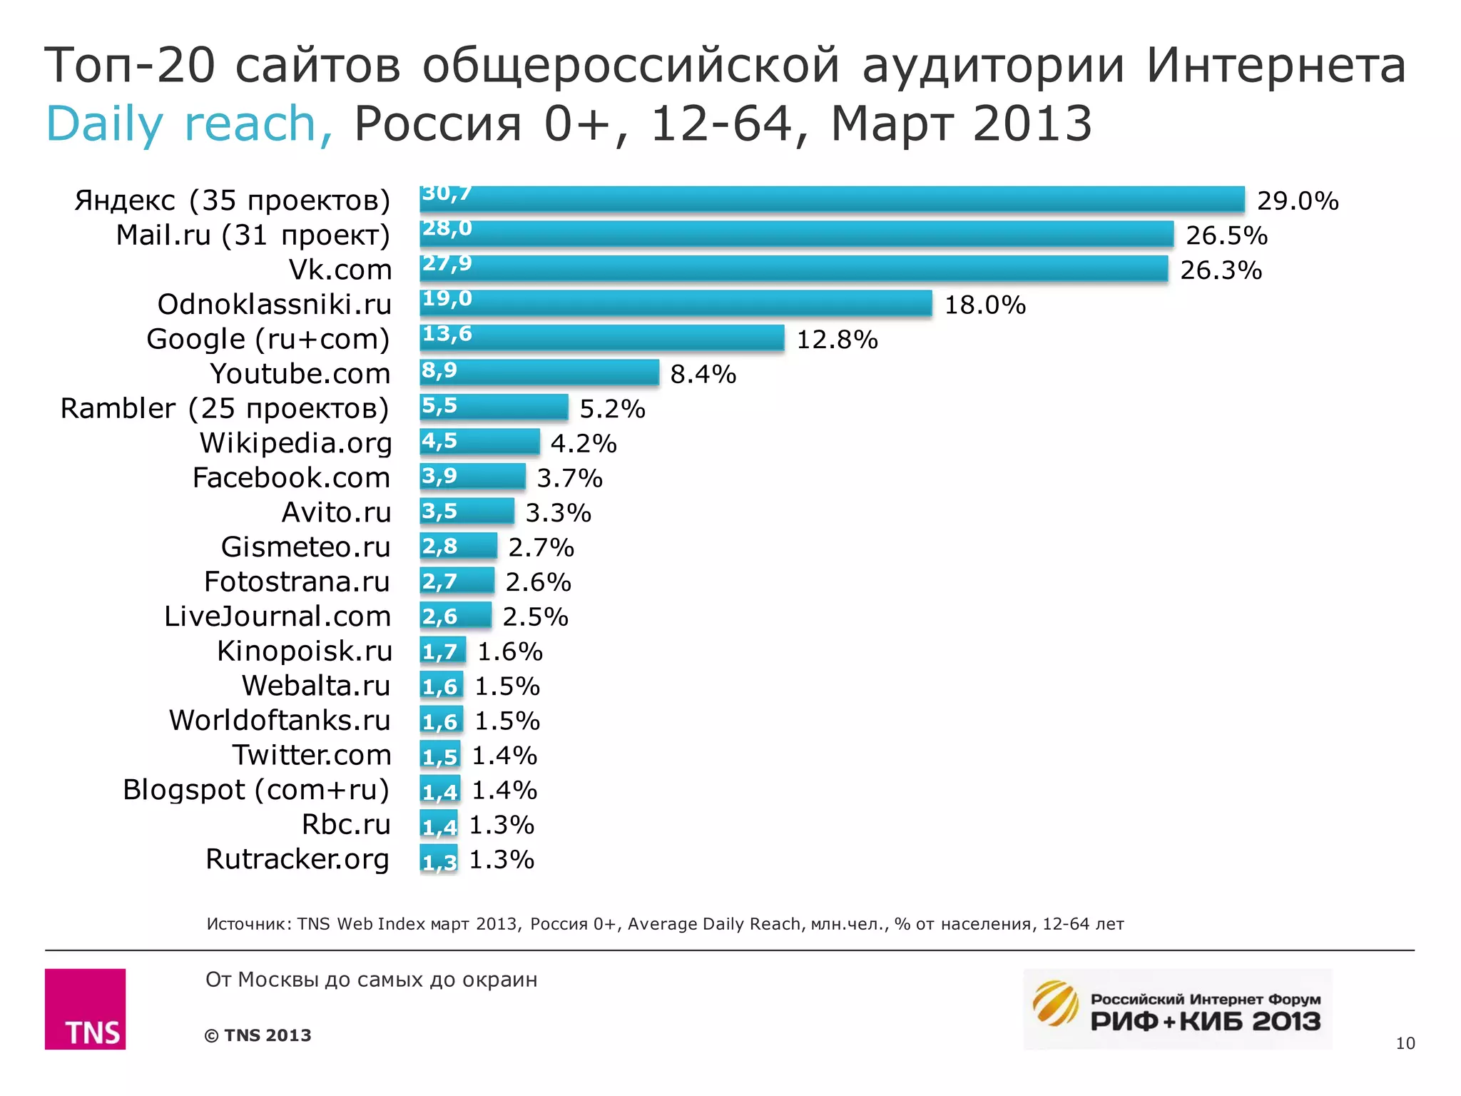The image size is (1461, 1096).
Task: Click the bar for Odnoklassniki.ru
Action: [x=676, y=303]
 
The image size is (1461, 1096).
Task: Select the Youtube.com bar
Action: [x=539, y=372]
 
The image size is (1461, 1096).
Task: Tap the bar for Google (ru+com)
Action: [x=601, y=338]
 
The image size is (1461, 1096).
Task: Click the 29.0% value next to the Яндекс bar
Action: [x=1297, y=201]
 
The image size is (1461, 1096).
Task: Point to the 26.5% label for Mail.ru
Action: [x=1226, y=235]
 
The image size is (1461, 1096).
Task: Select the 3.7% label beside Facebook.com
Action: [x=569, y=478]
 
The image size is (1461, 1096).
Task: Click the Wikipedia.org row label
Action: [x=295, y=443]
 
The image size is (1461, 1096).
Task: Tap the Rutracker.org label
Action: [x=297, y=859]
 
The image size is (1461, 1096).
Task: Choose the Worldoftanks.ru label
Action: [x=280, y=721]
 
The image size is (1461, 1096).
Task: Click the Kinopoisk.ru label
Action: [x=305, y=651]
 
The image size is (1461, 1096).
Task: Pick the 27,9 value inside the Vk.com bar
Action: [x=447, y=263]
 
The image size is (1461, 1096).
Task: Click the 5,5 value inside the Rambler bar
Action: [x=439, y=405]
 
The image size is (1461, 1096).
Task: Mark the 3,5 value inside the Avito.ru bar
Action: [x=439, y=511]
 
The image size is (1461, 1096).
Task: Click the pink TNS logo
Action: [x=86, y=1008]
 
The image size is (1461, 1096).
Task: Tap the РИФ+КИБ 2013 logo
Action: [x=1177, y=1010]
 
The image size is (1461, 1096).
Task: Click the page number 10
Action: [x=1405, y=1043]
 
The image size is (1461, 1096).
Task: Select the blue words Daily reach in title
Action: [x=188, y=124]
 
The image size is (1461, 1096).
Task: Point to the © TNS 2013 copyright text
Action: [x=258, y=1035]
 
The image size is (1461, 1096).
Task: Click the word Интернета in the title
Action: [x=1276, y=66]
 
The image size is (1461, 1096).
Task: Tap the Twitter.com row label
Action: [x=311, y=755]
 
